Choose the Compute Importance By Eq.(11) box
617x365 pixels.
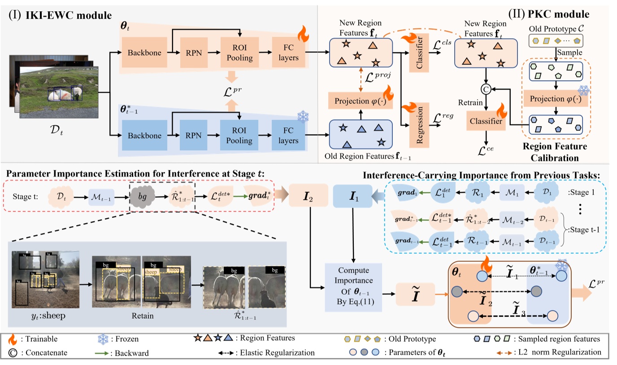(354, 287)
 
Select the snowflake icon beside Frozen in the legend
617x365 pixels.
(104, 339)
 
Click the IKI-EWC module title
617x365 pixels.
(61, 16)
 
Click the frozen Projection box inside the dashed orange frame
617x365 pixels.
(556, 98)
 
